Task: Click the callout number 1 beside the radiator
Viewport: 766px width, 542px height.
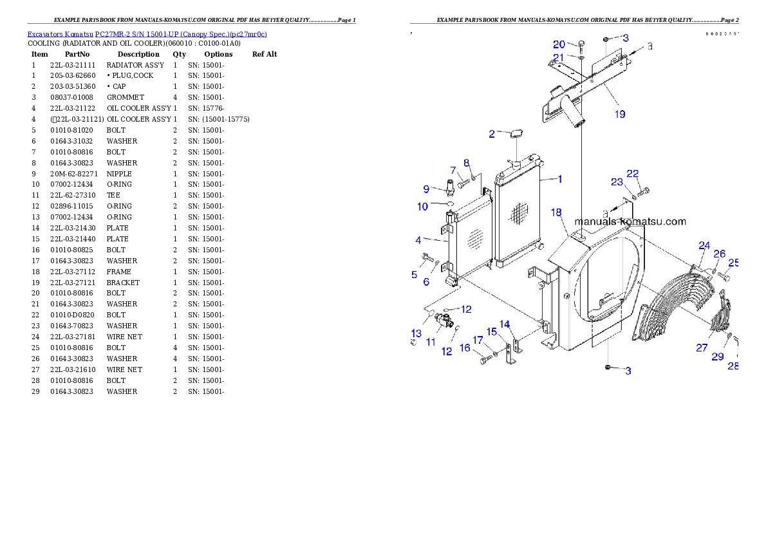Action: [x=559, y=179]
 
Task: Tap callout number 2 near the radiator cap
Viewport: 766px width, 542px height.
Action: [x=492, y=135]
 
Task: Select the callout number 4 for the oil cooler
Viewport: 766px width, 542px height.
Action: [x=418, y=241]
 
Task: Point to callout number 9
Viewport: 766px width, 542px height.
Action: [x=426, y=189]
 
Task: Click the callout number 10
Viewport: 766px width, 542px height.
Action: [x=423, y=207]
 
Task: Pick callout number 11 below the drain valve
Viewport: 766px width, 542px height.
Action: [x=431, y=341]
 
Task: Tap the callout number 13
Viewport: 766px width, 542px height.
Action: [x=416, y=333]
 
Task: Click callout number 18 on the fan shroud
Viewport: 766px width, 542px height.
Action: [x=556, y=212]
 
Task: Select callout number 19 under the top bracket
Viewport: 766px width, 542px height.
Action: [x=619, y=114]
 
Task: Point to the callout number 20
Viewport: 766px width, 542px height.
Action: [x=559, y=44]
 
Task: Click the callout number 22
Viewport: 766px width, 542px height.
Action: [x=633, y=174]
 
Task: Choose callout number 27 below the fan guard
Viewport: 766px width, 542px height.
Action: [x=702, y=348]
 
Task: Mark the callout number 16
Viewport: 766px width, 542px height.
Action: [x=465, y=348]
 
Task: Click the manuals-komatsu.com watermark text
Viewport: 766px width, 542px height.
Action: [x=630, y=222]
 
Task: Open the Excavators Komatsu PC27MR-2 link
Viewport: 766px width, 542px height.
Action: [x=147, y=34]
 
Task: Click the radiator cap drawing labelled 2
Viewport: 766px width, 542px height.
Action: [x=516, y=135]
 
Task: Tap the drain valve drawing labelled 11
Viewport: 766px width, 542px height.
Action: [x=444, y=317]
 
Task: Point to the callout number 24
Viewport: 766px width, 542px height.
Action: [x=704, y=245]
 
